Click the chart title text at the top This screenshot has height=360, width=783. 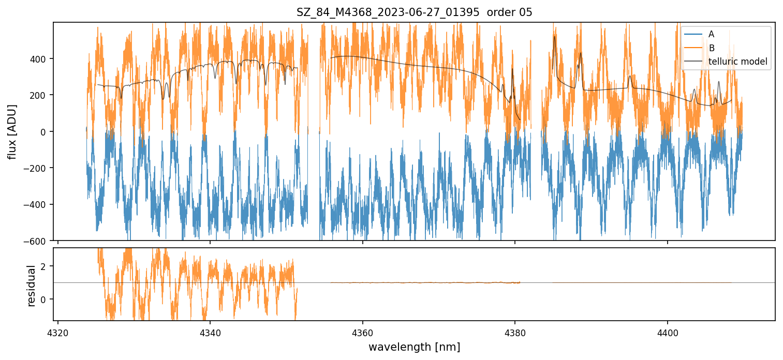tap(414, 12)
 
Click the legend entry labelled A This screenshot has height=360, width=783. tap(711, 34)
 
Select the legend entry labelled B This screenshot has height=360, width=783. tap(711, 48)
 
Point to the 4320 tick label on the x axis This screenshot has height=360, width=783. tap(58, 332)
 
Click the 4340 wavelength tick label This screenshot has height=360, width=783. tap(210, 332)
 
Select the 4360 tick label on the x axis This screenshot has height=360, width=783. tap(362, 332)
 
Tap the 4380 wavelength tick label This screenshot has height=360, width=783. tap(515, 332)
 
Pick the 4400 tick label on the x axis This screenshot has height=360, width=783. tap(667, 332)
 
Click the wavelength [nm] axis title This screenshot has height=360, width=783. tap(414, 347)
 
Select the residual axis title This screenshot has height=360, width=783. tap(32, 286)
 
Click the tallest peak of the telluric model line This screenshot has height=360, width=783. tap(554, 36)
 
